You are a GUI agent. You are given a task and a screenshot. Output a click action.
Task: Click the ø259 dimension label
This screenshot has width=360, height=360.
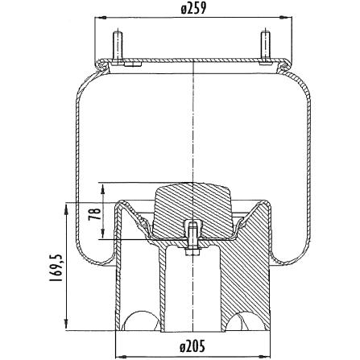[193, 9]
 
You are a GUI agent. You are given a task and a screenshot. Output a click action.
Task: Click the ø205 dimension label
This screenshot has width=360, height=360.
[192, 346]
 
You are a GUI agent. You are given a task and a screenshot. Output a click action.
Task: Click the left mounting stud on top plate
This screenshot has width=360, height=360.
[118, 48]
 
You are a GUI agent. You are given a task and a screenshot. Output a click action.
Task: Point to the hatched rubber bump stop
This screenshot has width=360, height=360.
[192, 209]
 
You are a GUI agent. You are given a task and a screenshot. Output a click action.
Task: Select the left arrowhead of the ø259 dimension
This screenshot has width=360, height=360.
[101, 18]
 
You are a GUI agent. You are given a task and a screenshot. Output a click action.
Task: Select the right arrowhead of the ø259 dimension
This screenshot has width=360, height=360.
[286, 18]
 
